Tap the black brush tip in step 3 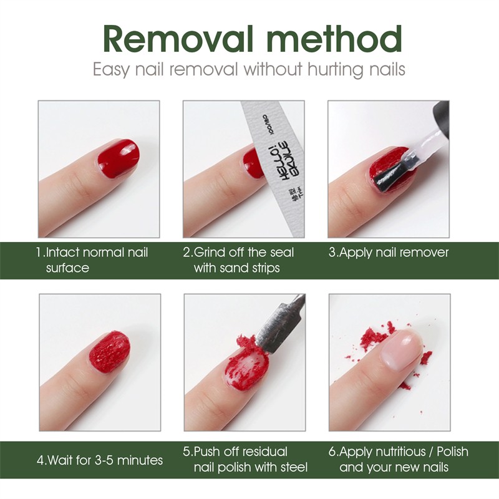pos(389,170)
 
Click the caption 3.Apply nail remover pos(388,253)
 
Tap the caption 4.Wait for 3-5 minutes pos(100,460)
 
